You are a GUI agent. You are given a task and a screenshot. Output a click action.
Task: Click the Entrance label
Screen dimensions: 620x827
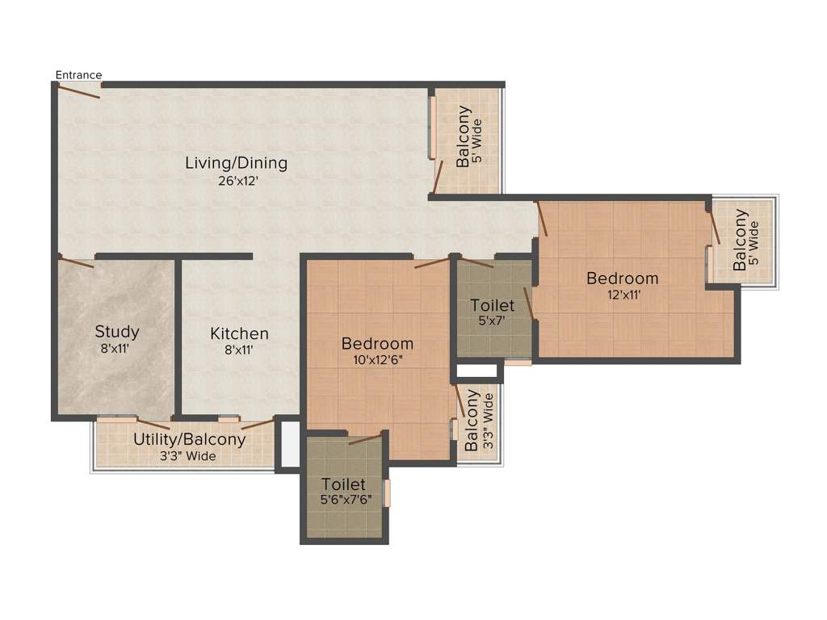click(x=78, y=75)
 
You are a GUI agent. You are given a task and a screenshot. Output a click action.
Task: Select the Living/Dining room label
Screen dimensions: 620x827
click(x=236, y=163)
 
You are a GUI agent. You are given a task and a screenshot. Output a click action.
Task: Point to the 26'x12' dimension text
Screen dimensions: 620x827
click(x=236, y=181)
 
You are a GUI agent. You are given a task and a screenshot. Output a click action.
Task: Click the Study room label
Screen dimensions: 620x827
click(x=117, y=331)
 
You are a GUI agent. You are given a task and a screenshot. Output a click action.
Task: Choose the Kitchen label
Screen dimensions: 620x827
click(x=239, y=333)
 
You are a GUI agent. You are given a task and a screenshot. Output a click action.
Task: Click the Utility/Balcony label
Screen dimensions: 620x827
click(x=189, y=440)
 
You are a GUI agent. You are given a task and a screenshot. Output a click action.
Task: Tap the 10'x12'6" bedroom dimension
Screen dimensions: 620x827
click(x=377, y=360)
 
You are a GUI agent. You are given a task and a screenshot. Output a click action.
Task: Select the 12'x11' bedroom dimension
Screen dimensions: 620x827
click(x=623, y=295)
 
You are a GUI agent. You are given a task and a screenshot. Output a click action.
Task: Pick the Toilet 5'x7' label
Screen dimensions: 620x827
click(x=493, y=306)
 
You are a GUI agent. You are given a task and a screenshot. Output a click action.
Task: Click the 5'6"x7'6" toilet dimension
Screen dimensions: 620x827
click(x=346, y=500)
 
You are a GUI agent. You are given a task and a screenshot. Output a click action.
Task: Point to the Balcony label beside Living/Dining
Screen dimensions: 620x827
click(x=464, y=137)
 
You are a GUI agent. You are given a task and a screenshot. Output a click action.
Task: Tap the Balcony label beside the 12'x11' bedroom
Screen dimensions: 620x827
click(x=740, y=240)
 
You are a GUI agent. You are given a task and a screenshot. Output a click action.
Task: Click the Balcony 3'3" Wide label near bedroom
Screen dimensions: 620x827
click(x=479, y=420)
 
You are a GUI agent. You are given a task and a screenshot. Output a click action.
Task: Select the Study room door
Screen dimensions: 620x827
click(x=77, y=262)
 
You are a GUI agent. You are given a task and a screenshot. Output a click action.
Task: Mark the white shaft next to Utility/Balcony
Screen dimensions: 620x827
click(x=288, y=443)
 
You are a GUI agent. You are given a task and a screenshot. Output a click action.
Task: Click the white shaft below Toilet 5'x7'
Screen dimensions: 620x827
click(x=476, y=371)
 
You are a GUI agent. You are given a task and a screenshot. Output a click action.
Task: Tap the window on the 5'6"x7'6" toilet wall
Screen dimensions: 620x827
click(x=387, y=493)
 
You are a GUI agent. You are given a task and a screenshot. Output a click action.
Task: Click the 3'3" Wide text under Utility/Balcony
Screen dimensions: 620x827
click(x=189, y=457)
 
